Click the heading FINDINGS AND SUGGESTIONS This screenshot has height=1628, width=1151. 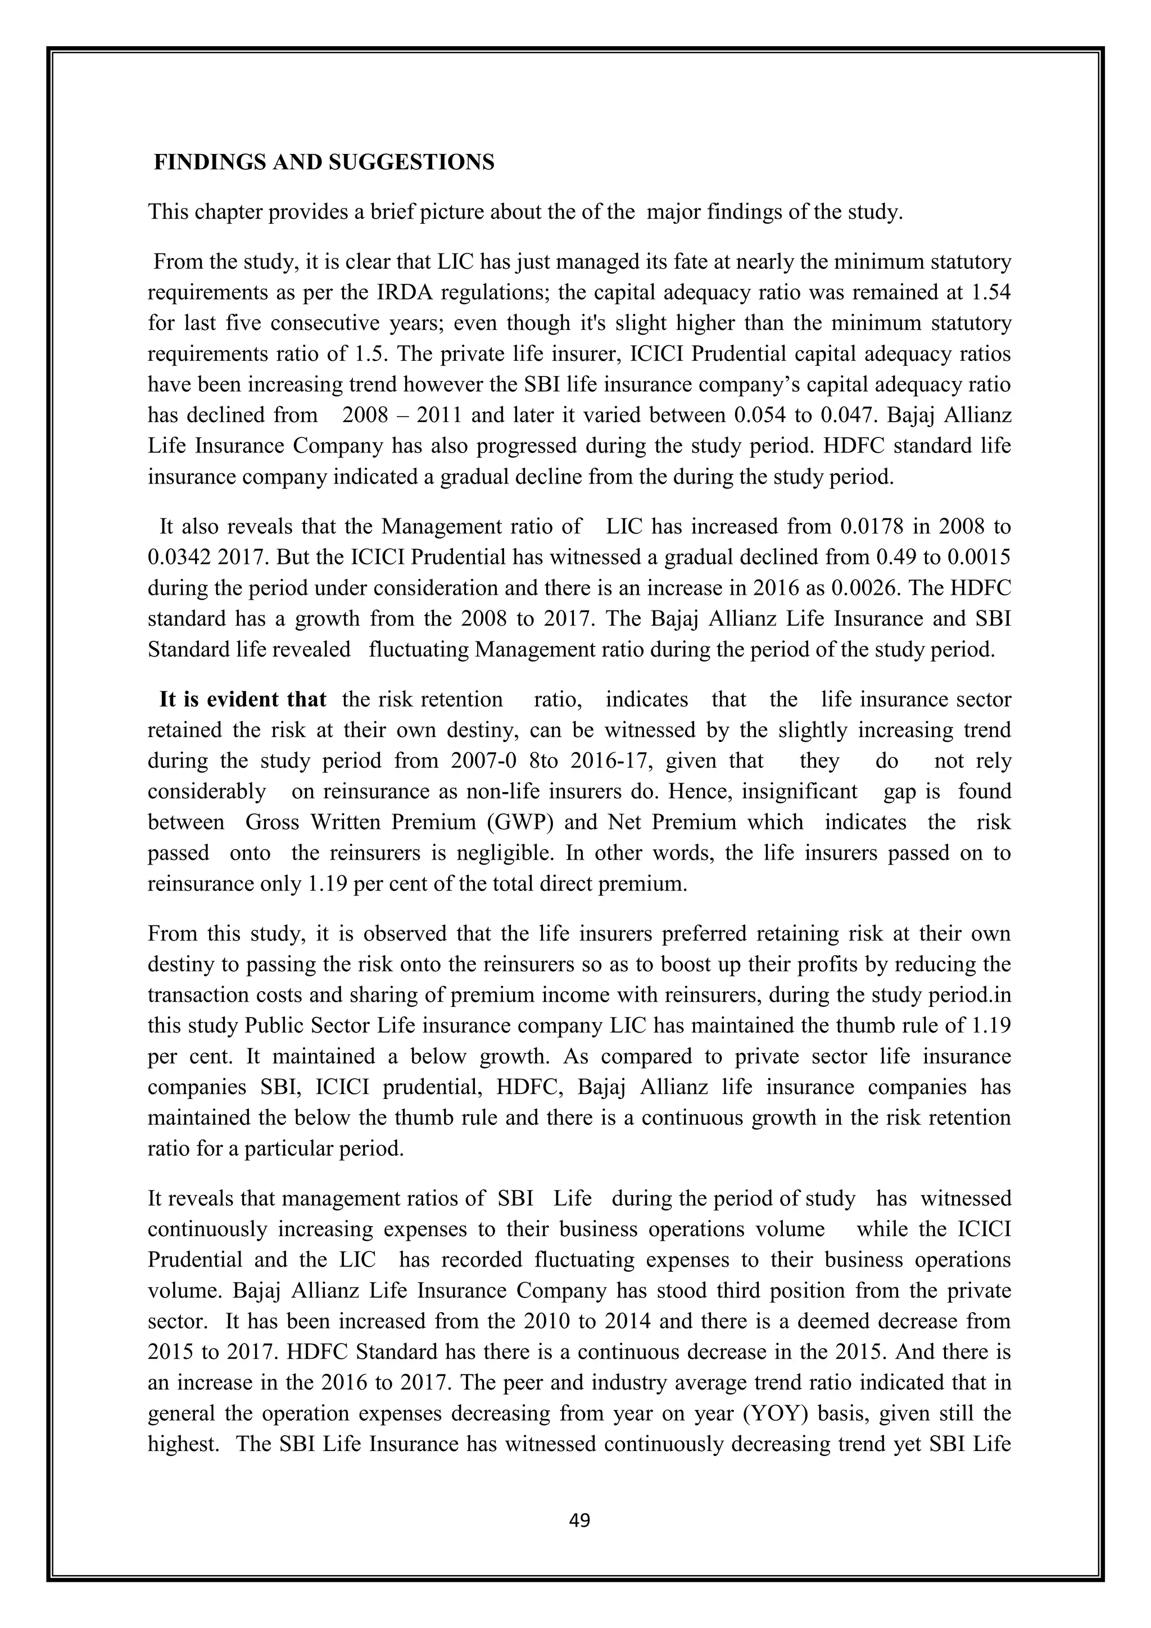(x=324, y=163)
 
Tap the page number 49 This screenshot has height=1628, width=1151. (x=579, y=1520)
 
